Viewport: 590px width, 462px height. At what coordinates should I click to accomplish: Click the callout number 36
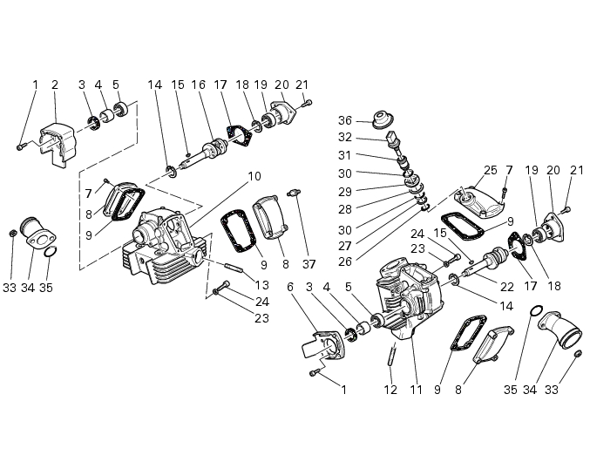[x=344, y=121]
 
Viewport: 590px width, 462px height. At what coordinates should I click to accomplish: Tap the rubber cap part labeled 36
[x=383, y=119]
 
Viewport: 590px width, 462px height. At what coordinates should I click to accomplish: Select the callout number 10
[x=254, y=176]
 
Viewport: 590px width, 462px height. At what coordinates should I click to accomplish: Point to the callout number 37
[x=309, y=264]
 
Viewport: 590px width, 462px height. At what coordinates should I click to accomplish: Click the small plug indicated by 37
[x=294, y=193]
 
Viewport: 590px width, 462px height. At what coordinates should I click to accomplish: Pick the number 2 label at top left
[x=55, y=85]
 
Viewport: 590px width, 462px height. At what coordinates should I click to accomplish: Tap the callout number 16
[x=199, y=85]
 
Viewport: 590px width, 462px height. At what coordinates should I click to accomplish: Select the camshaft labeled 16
[x=203, y=151]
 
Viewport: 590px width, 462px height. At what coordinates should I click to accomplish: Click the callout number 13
[x=261, y=285]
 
